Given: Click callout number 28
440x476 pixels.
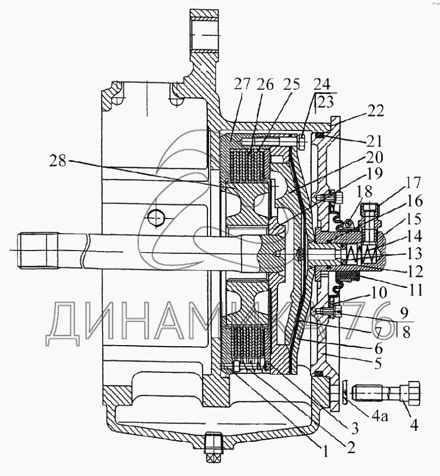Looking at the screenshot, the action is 58,160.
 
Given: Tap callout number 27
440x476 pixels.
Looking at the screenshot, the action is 242,84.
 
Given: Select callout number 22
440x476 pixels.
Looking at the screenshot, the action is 375,111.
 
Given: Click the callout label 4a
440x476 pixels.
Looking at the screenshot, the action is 380,417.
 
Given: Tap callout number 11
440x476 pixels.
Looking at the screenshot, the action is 415,290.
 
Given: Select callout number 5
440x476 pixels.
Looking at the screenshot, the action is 377,363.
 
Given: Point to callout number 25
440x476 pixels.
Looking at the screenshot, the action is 291,84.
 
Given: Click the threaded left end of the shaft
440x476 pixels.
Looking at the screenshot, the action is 38,251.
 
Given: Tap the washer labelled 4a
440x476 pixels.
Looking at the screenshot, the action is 345,393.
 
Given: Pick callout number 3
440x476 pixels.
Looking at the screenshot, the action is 354,428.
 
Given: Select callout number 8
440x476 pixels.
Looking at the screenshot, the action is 406,332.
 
